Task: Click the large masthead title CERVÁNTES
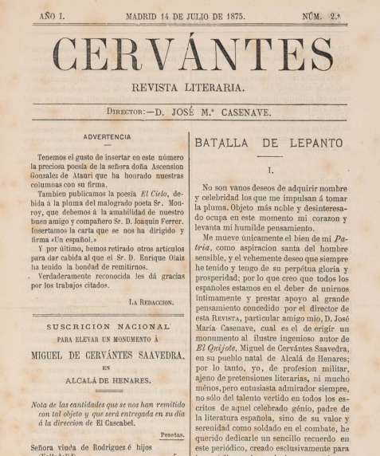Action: tap(192, 55)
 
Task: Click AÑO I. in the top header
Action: tap(53, 16)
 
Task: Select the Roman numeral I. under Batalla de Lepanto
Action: tap(271, 171)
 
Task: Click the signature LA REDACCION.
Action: tap(151, 302)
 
